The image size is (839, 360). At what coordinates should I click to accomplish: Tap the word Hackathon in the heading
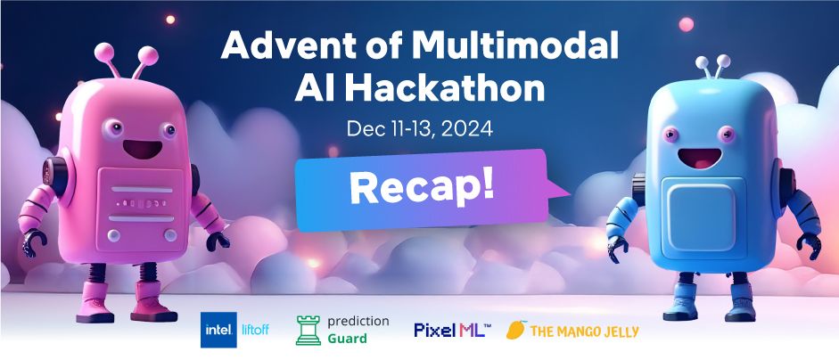[445, 89]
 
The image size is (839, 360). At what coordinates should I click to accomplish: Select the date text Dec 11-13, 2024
[419, 129]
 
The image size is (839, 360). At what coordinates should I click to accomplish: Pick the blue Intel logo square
[218, 330]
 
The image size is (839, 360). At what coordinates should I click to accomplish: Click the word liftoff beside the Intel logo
[255, 330]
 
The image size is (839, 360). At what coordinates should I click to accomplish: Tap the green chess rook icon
[308, 330]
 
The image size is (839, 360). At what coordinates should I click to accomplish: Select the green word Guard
[347, 339]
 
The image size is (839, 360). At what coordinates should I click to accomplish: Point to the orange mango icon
[516, 330]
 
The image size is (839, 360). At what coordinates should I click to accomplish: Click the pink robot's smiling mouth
[143, 147]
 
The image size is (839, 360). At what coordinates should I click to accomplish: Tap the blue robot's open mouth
[699, 158]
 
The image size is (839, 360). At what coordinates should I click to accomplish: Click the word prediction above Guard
[358, 322]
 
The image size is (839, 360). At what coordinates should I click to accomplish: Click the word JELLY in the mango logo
[620, 331]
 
